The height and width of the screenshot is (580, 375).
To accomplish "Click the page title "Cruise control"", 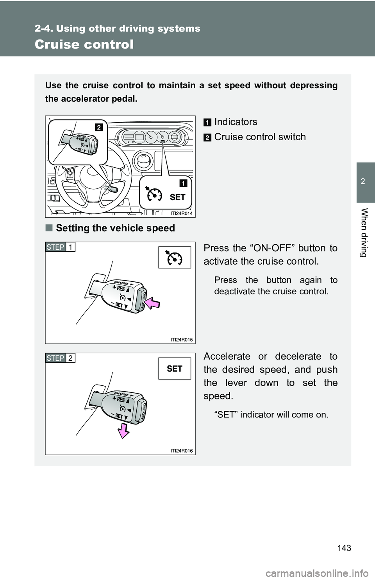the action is point(84,44).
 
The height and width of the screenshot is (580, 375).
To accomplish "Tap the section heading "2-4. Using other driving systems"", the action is point(118,28).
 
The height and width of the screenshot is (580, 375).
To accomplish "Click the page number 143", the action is point(345,548).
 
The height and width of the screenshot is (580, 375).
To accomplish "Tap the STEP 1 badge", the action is point(60,247).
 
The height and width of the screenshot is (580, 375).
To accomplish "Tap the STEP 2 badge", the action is point(60,358).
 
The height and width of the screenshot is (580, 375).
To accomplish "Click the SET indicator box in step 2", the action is point(175,369).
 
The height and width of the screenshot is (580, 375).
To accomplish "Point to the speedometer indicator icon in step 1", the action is point(175,258).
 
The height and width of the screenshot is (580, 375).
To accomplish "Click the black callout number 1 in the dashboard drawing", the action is point(183,183).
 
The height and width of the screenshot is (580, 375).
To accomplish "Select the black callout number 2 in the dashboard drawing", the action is point(98,127).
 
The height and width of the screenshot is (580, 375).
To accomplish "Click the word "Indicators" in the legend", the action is point(236,122).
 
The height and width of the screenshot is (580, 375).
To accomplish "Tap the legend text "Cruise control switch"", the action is point(260,137).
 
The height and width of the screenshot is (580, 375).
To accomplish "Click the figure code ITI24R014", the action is point(182,213).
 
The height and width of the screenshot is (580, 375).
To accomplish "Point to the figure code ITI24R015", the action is point(182,340).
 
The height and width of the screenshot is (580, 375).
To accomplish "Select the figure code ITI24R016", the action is point(182,451).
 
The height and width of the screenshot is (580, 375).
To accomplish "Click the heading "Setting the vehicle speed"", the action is point(115,228).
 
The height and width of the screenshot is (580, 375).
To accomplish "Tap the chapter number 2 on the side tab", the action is point(363,181).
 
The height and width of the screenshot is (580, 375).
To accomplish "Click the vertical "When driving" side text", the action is point(364,233).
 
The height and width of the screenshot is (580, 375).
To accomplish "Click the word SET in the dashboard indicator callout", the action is point(177,197).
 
